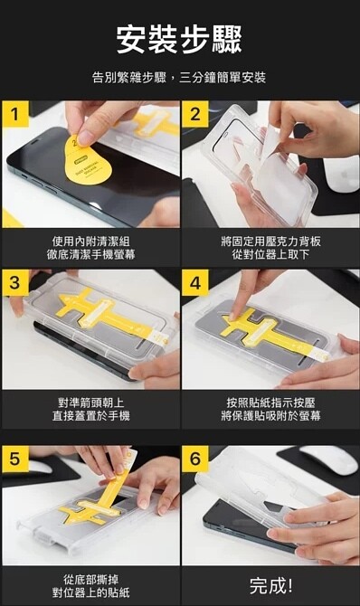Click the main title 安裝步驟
(x=179, y=40)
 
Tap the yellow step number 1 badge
(x=15, y=114)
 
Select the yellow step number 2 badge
(x=195, y=114)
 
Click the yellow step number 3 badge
(x=15, y=282)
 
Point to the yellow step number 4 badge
(x=195, y=282)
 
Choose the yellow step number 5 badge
(x=15, y=459)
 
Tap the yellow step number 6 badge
(x=195, y=459)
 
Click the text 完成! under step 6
(x=270, y=586)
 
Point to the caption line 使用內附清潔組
(x=90, y=241)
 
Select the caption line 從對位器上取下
(x=270, y=255)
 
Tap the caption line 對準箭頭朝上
(x=90, y=403)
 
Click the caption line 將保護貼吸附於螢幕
(x=270, y=416)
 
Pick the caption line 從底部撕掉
(x=90, y=580)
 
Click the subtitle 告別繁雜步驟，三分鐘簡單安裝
(x=179, y=78)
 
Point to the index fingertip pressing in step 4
(x=233, y=317)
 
